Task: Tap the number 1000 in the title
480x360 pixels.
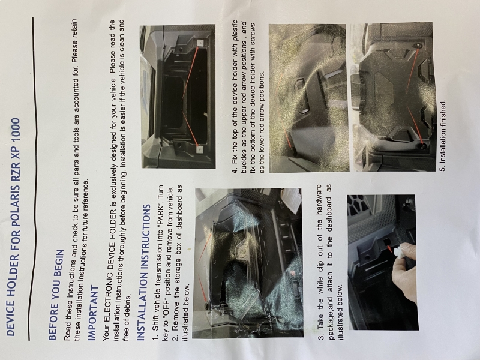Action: (13, 131)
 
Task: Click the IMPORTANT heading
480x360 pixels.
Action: (94, 313)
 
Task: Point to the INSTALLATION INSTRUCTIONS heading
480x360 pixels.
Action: (143, 272)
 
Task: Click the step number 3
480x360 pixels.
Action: (322, 337)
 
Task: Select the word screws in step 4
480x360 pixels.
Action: (253, 35)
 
